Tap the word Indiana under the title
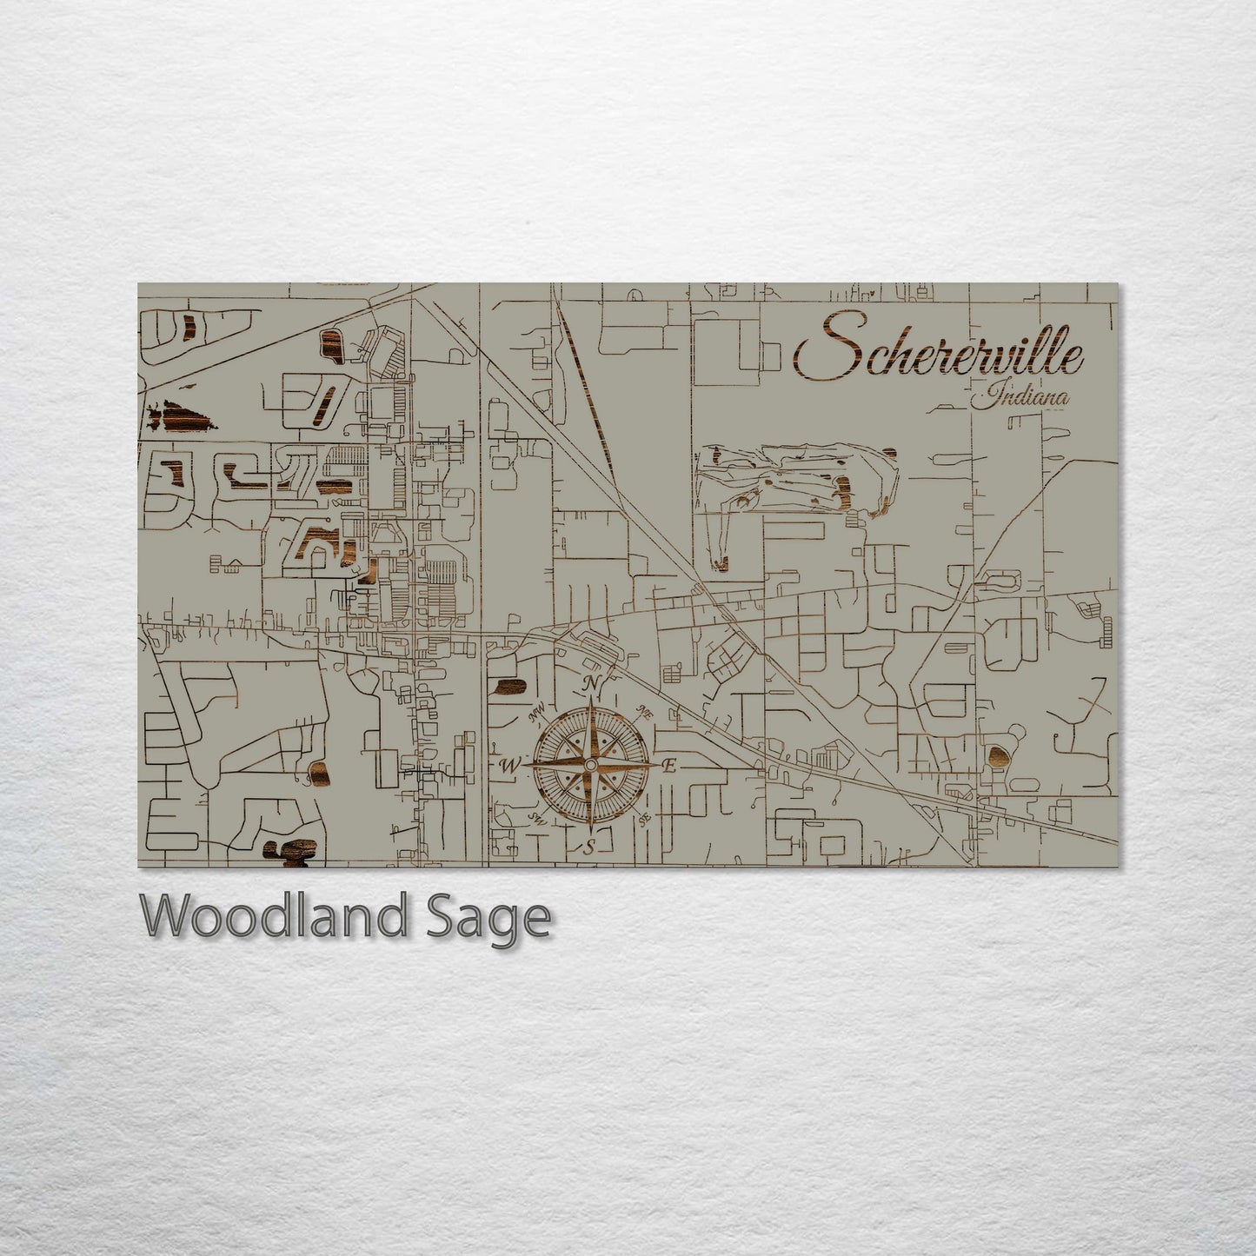[1020, 399]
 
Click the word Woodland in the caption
[270, 916]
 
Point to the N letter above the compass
[592, 682]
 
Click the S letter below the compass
[588, 847]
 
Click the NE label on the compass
[645, 711]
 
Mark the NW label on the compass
[537, 715]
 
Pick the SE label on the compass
[644, 819]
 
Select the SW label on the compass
[537, 819]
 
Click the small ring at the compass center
[590, 764]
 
